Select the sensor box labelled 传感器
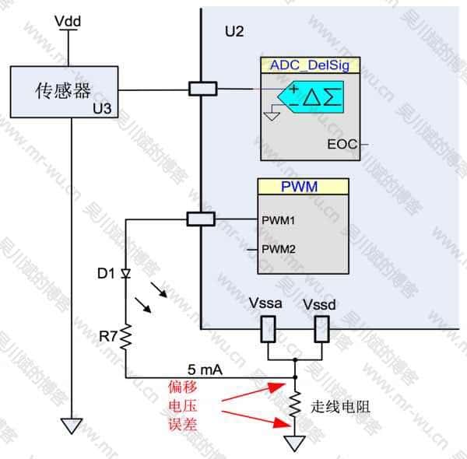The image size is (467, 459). pos(64,92)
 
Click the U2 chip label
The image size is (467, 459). pos(234,32)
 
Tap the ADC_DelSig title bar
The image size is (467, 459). pos(309,65)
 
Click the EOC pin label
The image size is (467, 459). pos(341,144)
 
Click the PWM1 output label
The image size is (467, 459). pos(279,220)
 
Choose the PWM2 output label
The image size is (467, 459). pos(279,249)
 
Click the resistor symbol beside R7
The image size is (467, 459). pos(125,337)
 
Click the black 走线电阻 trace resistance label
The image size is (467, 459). pos(338,405)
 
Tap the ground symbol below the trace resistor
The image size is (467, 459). pos(294,443)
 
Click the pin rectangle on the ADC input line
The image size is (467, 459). pos(202,89)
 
